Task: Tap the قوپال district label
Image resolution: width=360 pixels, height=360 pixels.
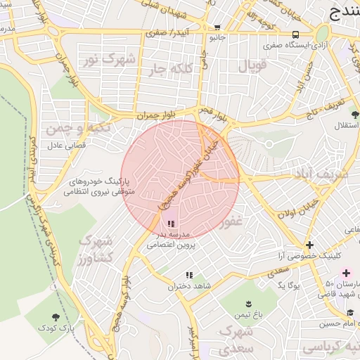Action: [252, 67]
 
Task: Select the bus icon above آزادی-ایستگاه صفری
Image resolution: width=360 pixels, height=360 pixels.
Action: [295, 34]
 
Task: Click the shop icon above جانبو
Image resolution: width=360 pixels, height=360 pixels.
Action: [215, 28]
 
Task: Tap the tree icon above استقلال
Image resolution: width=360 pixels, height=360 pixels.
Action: [355, 114]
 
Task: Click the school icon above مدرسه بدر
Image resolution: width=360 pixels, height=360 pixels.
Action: [171, 224]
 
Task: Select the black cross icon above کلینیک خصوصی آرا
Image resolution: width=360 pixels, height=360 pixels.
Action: [309, 245]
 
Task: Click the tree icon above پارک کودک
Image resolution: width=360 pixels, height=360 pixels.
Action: [56, 316]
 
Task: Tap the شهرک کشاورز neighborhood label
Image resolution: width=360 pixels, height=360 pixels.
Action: [96, 249]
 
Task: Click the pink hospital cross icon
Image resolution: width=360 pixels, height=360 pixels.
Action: [345, 272]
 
